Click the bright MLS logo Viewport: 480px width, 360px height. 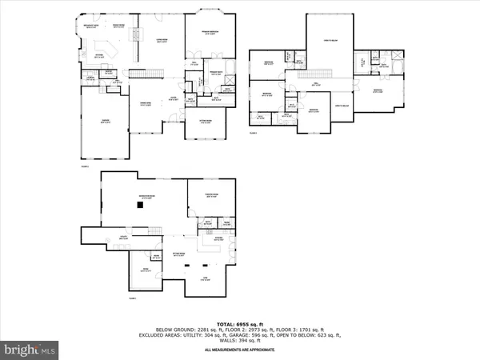click(30, 349)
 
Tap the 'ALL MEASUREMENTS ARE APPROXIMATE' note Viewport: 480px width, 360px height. click(239, 350)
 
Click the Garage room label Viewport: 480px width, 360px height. click(105, 121)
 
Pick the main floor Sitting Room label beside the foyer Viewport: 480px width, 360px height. click(205, 122)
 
